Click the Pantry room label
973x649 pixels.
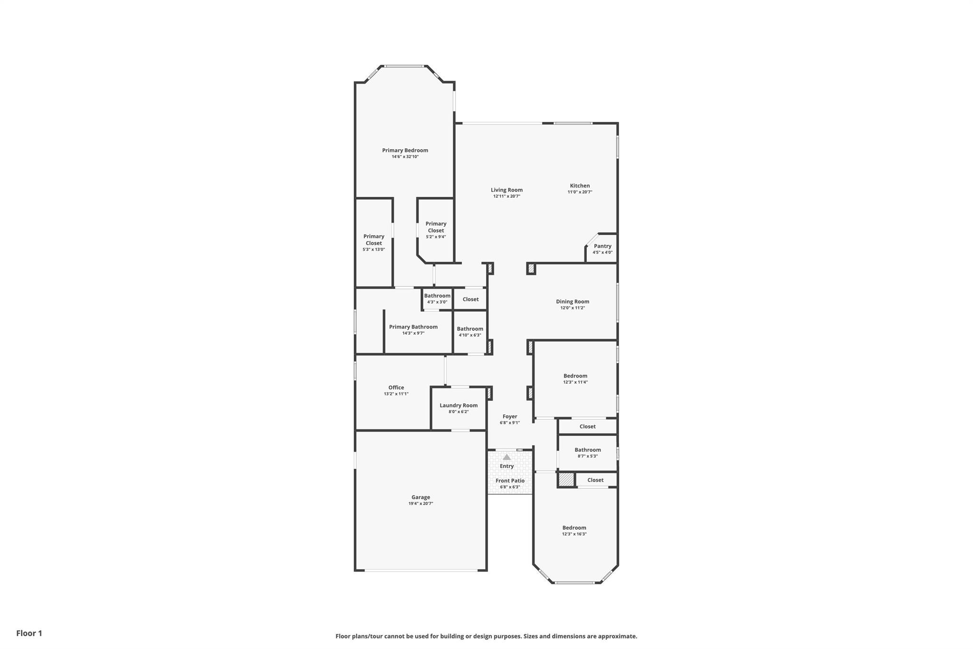602,246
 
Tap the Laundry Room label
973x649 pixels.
458,406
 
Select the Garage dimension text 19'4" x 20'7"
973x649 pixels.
420,504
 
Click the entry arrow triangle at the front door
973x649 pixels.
507,457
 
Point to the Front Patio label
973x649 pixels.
510,481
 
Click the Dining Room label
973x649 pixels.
572,301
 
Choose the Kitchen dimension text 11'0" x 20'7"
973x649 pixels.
580,192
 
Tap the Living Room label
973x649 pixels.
506,190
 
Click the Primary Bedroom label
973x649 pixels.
405,151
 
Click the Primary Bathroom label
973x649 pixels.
413,327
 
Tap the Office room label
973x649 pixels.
396,387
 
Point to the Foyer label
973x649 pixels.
510,417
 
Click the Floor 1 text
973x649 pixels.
29,633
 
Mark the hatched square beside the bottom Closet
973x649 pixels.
566,479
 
